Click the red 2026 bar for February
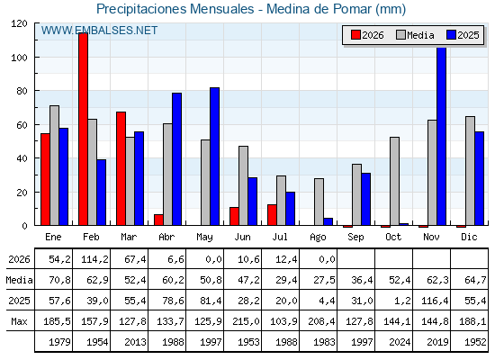point(83,129)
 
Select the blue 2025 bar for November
point(442,137)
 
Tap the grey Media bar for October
point(395,181)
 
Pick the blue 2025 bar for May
point(215,157)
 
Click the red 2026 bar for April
point(158,220)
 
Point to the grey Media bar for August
point(319,202)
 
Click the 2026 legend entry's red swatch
point(355,35)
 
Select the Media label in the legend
point(420,35)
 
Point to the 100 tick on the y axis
point(20,58)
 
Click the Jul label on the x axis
point(280,238)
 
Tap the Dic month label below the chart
point(469,238)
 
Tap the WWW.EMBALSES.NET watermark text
point(99,31)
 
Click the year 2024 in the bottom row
point(400,342)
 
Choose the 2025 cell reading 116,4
point(435,301)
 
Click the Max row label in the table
point(19,321)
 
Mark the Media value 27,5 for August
point(324,280)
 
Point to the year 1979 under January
point(59,342)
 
